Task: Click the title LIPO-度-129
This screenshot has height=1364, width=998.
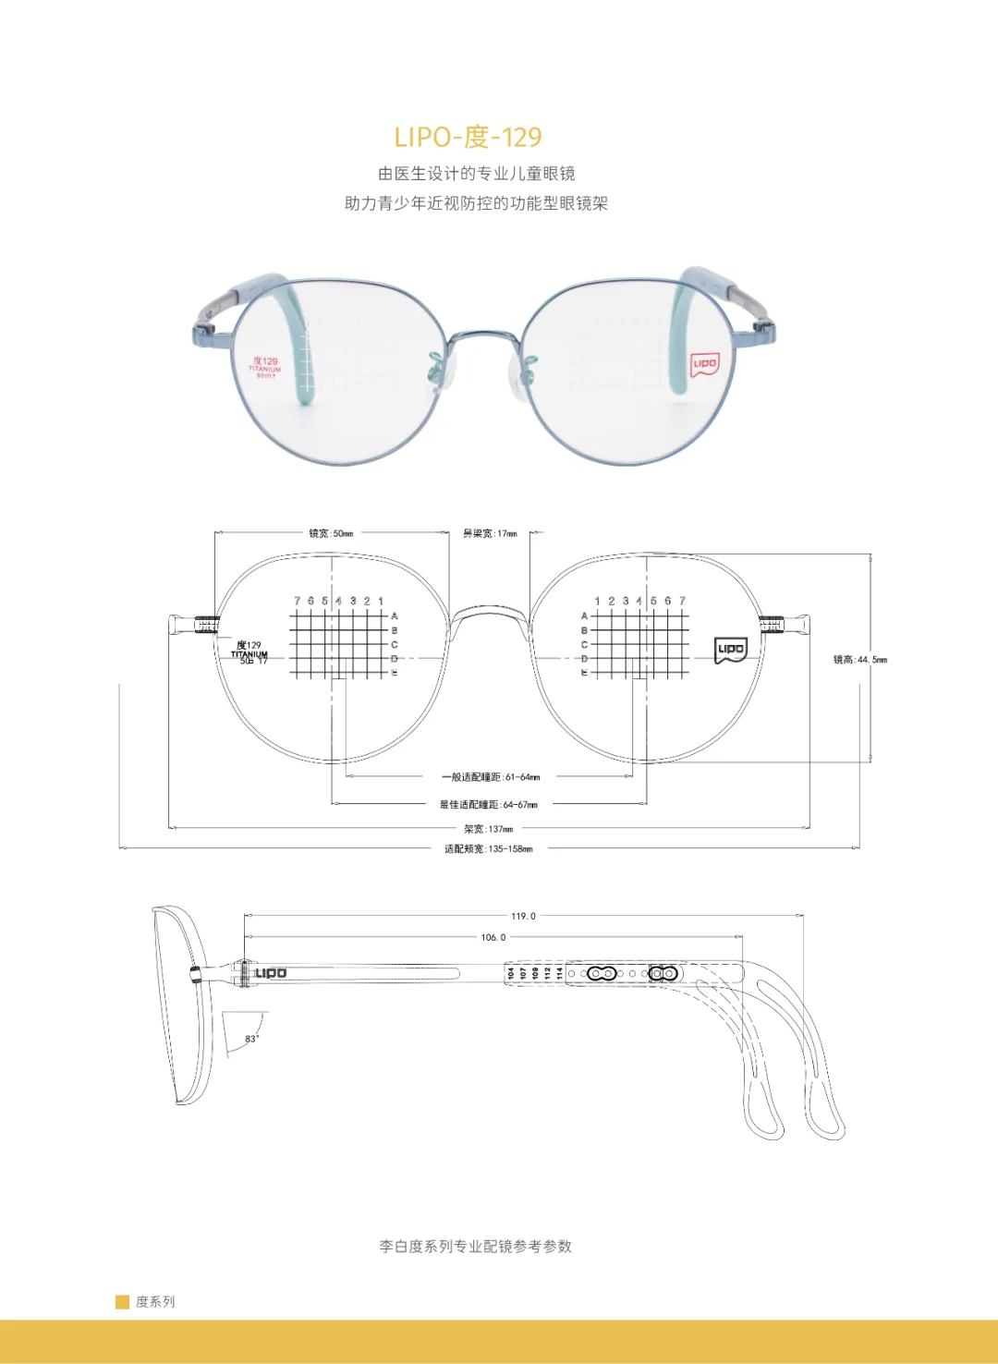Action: point(468,137)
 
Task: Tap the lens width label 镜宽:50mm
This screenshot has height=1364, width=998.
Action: point(331,533)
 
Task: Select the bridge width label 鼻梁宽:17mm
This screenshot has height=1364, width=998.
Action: point(490,533)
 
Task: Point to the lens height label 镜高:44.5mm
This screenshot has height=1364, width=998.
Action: point(859,660)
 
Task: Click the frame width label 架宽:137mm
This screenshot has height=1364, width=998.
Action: point(488,829)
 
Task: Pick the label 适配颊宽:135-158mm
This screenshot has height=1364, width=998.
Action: point(488,848)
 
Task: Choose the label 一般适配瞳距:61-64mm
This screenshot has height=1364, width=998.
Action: point(491,777)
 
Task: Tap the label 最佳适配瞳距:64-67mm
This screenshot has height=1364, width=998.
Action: point(488,805)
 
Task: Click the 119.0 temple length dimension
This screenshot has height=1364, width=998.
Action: point(523,916)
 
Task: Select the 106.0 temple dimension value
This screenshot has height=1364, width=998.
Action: point(493,937)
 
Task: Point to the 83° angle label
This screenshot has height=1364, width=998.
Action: point(251,1039)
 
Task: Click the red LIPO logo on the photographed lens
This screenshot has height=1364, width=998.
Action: point(705,364)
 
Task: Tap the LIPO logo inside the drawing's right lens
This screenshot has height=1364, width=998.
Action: point(731,649)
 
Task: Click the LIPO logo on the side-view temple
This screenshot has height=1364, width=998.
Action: point(271,973)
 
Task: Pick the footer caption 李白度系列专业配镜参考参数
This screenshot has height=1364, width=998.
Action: point(475,1247)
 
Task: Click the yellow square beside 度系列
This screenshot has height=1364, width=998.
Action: point(122,1302)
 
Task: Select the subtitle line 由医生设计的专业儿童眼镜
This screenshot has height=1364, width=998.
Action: point(476,174)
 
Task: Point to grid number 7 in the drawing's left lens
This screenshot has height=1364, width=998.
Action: point(298,601)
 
